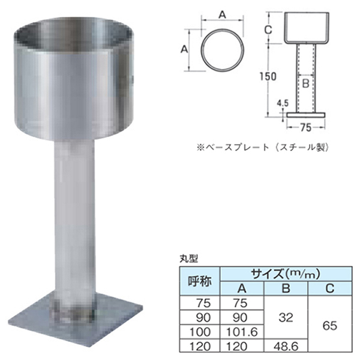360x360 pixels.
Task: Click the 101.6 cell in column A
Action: tap(241, 332)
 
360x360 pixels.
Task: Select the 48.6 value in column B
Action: tap(286, 346)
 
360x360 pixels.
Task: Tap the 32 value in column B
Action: tap(286, 317)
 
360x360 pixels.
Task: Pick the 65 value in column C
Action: tap(329, 325)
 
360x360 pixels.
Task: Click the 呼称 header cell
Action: tap(200, 281)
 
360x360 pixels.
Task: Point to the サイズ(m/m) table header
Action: tap(286, 274)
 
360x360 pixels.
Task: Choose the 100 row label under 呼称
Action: tap(200, 332)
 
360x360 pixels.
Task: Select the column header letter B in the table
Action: tap(286, 288)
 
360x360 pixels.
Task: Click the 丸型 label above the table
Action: tap(188, 259)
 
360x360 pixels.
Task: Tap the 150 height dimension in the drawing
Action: tap(268, 76)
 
